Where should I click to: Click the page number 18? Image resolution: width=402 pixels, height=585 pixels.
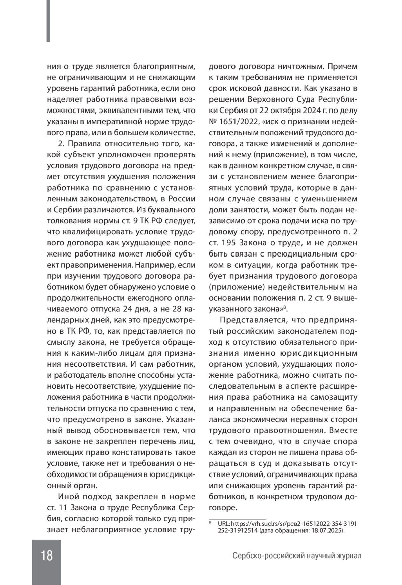(x=47, y=555)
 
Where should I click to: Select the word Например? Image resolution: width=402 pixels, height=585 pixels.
(x=152, y=265)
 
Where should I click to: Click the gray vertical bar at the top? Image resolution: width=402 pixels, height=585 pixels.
(x=48, y=21)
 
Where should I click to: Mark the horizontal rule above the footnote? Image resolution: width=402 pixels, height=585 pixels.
(x=237, y=518)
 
